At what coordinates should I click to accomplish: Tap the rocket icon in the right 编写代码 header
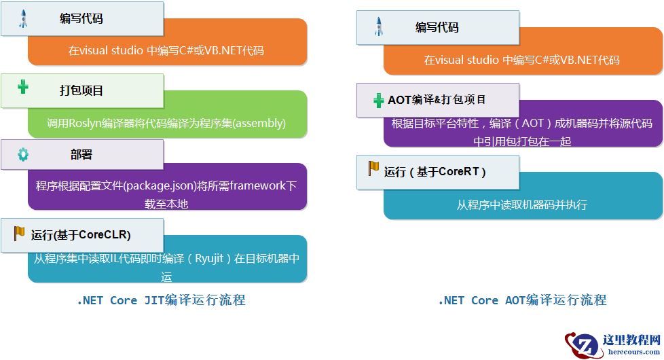(x=380, y=27)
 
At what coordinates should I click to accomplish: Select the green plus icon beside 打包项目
(x=23, y=86)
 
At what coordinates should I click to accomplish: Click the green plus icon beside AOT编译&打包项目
(x=379, y=101)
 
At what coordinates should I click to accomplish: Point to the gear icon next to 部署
(x=23, y=154)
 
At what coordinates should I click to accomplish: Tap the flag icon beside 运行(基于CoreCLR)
(x=20, y=234)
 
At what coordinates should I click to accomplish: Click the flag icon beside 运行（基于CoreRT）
(x=373, y=168)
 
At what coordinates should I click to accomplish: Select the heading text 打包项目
(x=81, y=90)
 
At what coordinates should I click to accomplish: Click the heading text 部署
(x=81, y=154)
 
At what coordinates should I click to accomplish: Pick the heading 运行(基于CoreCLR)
(x=81, y=235)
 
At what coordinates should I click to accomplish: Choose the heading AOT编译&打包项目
(x=437, y=100)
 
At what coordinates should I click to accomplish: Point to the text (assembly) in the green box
(x=259, y=124)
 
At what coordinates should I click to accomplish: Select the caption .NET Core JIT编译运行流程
(x=161, y=300)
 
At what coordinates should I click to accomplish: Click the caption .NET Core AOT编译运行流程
(x=522, y=300)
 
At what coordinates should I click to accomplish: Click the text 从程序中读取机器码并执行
(x=522, y=204)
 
